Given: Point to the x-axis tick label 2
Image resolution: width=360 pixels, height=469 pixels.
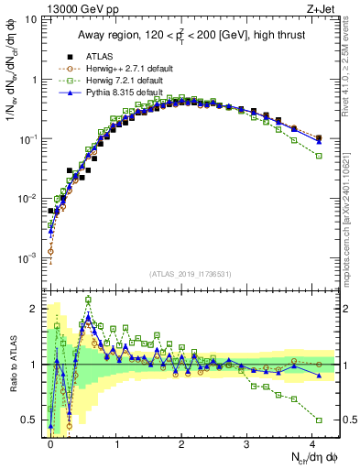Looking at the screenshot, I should pos(181,442).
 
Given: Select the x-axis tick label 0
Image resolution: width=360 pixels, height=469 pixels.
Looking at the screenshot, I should pos(51,442).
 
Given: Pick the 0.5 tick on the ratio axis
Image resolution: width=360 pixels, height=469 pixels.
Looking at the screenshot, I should pos(35,420).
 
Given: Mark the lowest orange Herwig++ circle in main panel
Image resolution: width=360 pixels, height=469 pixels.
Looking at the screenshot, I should pos(51,250).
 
